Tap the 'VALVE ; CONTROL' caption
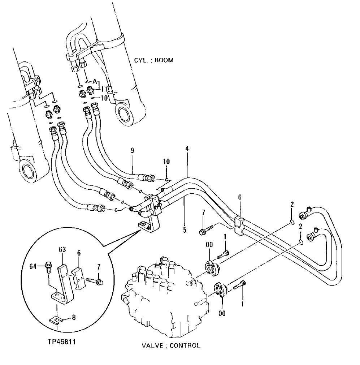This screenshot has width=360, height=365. (171, 345)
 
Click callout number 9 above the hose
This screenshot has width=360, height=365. (132, 151)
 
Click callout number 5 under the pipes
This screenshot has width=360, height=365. (185, 230)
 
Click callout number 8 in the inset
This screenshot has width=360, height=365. (74, 318)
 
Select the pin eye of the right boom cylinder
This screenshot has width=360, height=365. (126, 116)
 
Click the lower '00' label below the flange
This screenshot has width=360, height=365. (222, 313)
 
